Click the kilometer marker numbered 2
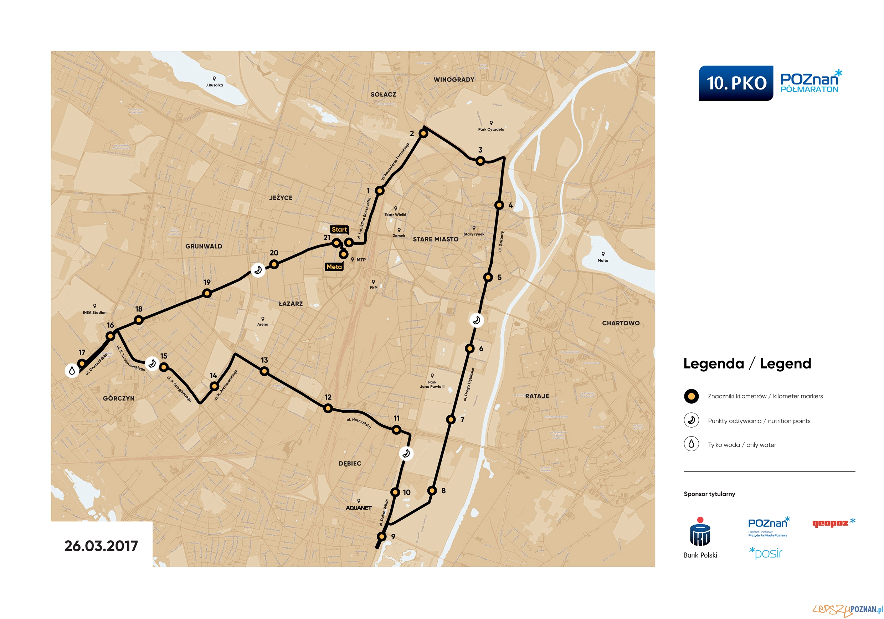tap(423, 134)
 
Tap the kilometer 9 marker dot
tap(381, 536)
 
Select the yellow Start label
tap(339, 229)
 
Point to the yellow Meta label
tap(334, 267)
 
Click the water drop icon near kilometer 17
tap(72, 371)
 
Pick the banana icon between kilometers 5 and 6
tap(476, 320)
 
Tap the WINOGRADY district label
tap(453, 80)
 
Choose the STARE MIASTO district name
tap(436, 239)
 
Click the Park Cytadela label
tap(491, 129)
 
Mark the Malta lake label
tap(602, 260)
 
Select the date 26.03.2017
tap(101, 546)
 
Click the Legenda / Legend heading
tap(747, 363)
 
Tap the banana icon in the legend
tap(691, 421)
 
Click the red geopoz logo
tap(833, 523)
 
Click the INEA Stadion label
tap(94, 313)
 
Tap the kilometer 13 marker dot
tap(264, 371)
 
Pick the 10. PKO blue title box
tap(736, 83)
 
